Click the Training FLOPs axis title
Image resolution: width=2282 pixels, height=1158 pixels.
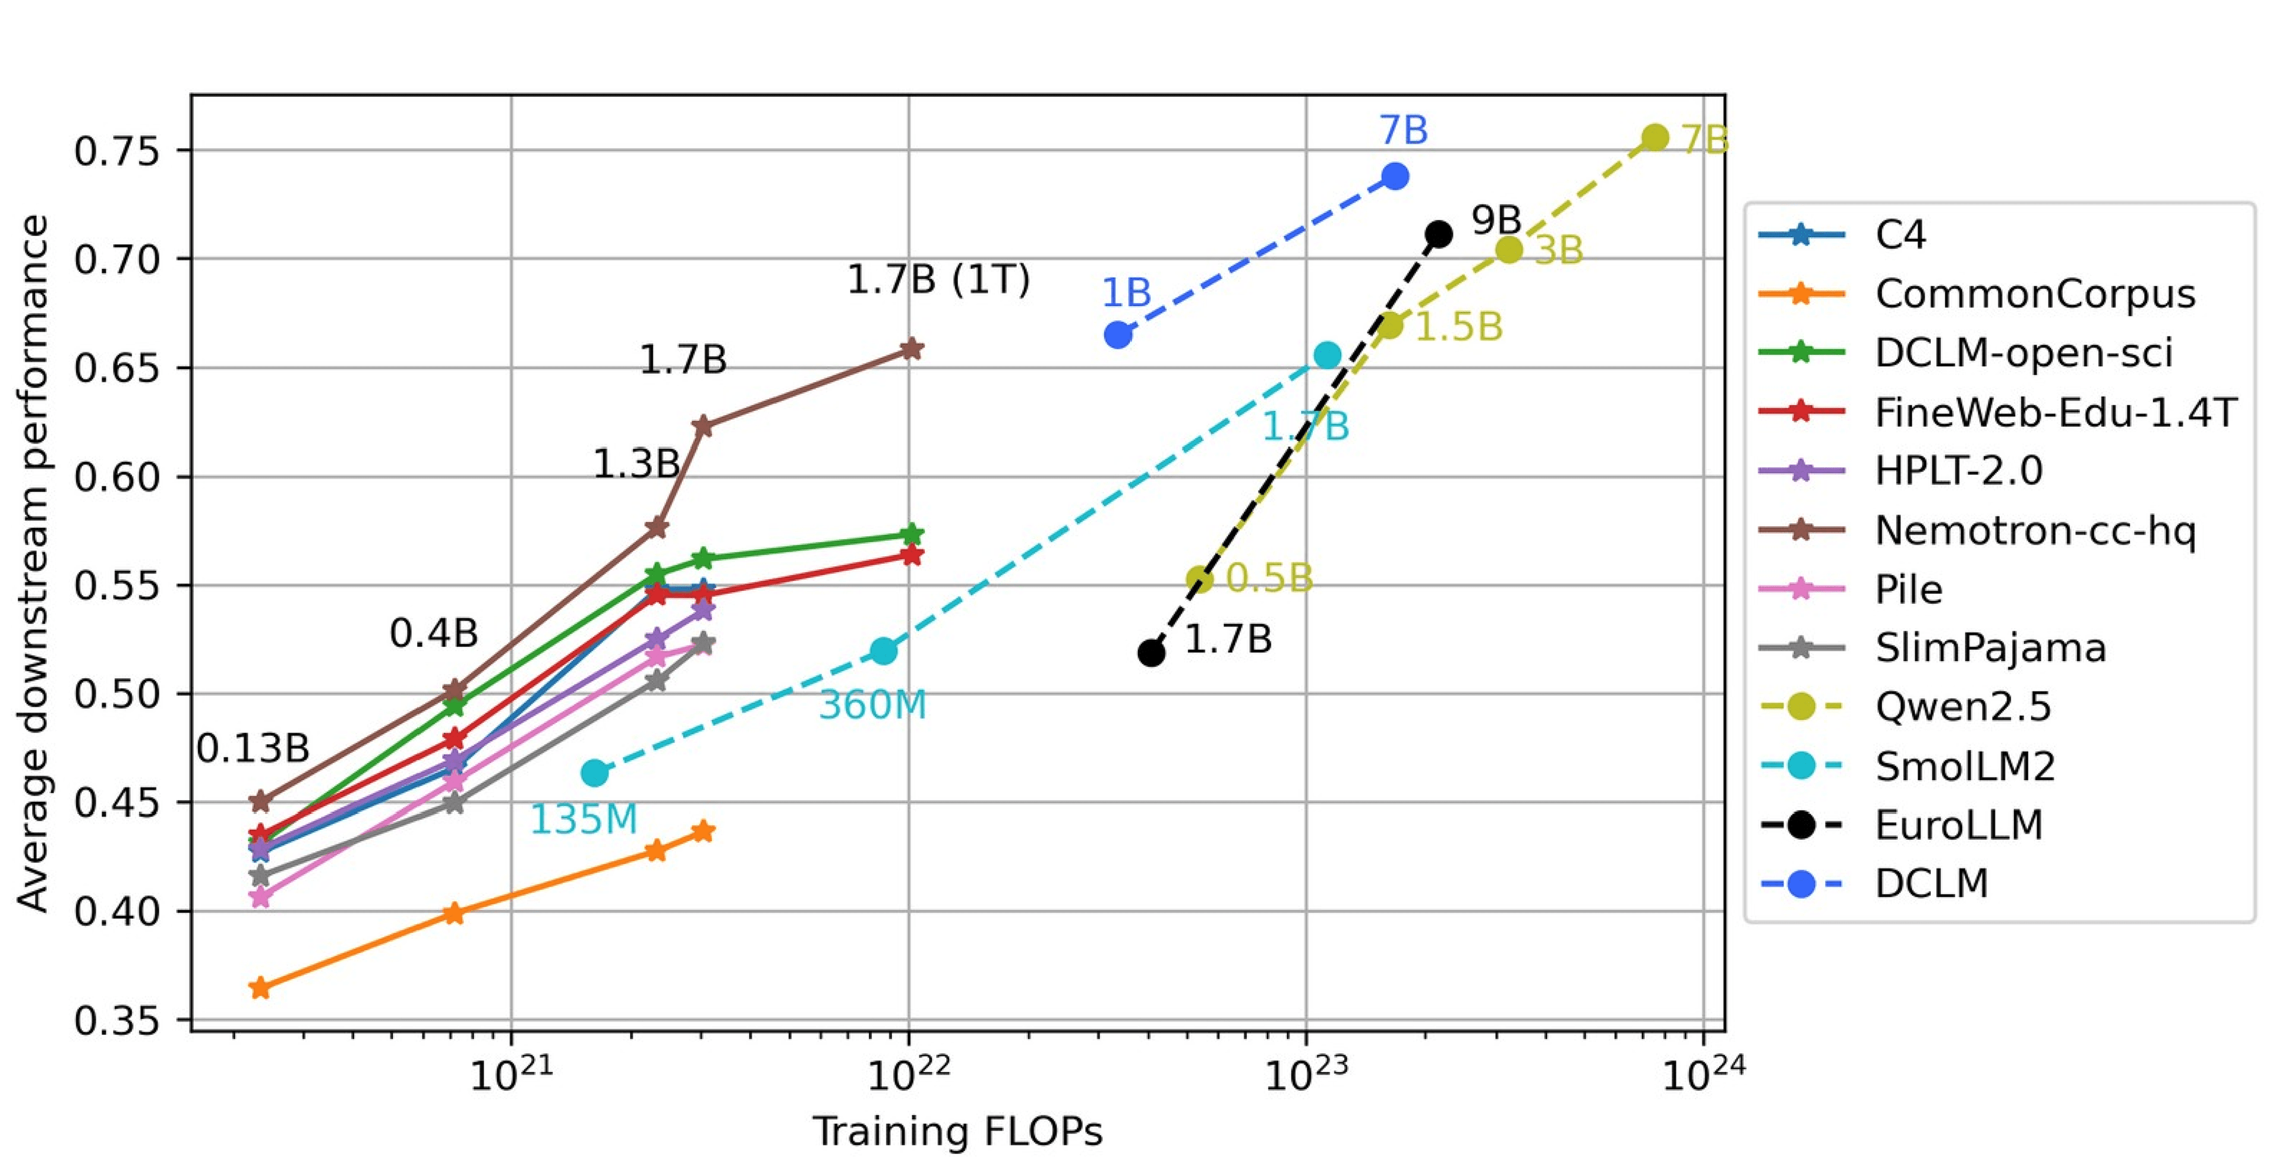pos(957,1131)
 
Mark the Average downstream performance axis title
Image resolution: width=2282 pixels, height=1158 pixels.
pos(34,562)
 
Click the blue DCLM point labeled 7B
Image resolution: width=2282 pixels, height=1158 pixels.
pos(1394,177)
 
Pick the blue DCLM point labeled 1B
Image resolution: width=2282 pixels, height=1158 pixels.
pos(1118,335)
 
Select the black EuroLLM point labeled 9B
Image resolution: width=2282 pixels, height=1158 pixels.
pos(1439,235)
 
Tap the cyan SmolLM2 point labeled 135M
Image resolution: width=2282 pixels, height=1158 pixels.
pos(594,773)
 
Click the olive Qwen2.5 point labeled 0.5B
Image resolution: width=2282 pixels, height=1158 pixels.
pos(1199,580)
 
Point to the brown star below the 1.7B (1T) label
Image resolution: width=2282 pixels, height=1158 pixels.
pos(910,349)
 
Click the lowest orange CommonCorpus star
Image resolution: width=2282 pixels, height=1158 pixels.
pos(260,988)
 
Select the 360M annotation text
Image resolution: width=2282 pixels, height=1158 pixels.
pos(872,705)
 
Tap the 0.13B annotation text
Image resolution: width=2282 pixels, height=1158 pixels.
pos(253,748)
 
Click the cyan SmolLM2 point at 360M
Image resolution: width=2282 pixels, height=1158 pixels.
pos(883,651)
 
